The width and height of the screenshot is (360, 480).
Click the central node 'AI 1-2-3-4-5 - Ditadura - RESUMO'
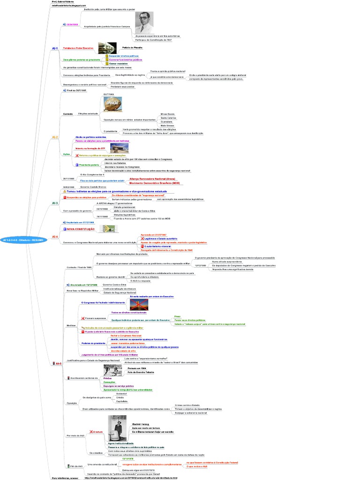tap(23, 239)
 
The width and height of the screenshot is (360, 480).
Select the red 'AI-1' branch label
tap(54, 48)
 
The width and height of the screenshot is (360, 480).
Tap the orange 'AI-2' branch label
tap(54, 137)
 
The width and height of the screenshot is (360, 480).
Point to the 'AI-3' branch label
tap(54, 203)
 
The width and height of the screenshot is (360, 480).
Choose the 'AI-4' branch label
tap(54, 236)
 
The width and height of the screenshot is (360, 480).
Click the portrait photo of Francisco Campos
tap(144, 22)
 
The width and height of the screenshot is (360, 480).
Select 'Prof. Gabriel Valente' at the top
tap(63, 2)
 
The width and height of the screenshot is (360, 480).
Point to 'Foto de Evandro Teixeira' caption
tap(142, 373)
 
